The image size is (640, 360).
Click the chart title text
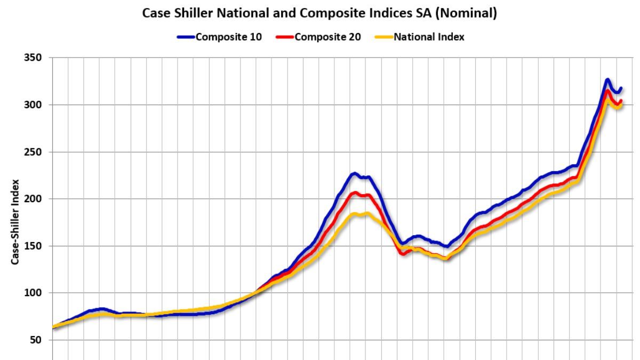point(319,14)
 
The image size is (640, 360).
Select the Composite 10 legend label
point(228,37)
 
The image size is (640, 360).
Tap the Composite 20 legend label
point(327,37)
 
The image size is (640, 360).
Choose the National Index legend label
point(429,37)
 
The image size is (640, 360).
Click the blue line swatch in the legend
point(186,37)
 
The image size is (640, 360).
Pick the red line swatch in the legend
point(284,37)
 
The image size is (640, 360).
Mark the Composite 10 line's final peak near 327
point(607,80)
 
